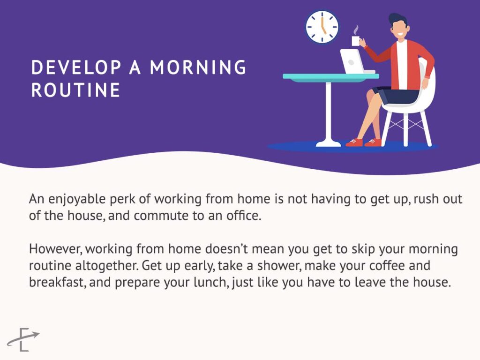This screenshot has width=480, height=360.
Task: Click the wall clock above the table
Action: click(x=322, y=27)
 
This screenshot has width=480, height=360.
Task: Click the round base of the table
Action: click(x=329, y=143)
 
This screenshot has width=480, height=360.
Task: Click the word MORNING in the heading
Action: click(x=198, y=67)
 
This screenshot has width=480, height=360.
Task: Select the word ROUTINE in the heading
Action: click(x=75, y=90)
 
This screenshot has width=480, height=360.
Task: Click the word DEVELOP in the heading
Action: click(x=76, y=67)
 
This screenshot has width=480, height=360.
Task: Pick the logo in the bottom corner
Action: click(x=23, y=339)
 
